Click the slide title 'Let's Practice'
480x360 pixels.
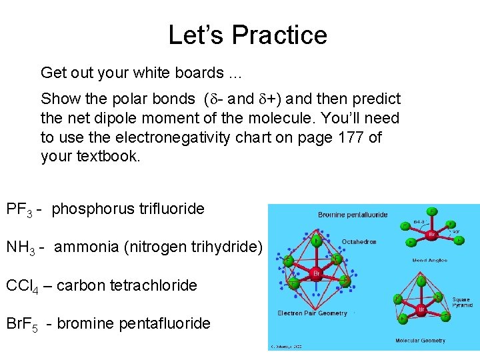pyautogui.click(x=247, y=35)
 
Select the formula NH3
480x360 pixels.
pyautogui.click(x=20, y=247)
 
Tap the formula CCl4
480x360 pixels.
pyautogui.click(x=21, y=286)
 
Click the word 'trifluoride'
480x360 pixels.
pyautogui.click(x=171, y=209)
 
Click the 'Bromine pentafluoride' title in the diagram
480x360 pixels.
pyautogui.click(x=353, y=215)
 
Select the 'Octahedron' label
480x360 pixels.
pyautogui.click(x=360, y=241)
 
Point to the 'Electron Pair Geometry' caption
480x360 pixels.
pyautogui.click(x=312, y=313)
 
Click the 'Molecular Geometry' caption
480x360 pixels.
pyautogui.click(x=421, y=341)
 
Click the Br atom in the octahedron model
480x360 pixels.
pyautogui.click(x=317, y=274)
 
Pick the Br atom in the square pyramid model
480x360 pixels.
pyautogui.click(x=421, y=310)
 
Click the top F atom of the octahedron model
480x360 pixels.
pyautogui.click(x=315, y=238)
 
